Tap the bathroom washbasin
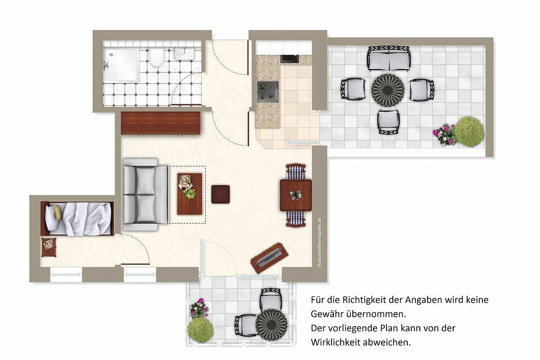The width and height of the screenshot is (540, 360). pyautogui.click(x=184, y=54)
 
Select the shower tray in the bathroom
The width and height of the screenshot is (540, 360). pyautogui.click(x=121, y=65)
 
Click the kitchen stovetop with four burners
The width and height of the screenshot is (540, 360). pyautogui.click(x=268, y=92)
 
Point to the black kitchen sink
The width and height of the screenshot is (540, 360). pyautogui.click(x=289, y=59)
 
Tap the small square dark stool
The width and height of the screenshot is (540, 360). pyautogui.click(x=220, y=194)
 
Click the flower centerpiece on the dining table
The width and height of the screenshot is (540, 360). pyautogui.click(x=296, y=194)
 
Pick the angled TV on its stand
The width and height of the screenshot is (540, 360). pyautogui.click(x=269, y=258)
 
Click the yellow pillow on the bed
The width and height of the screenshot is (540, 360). pyautogui.click(x=58, y=212)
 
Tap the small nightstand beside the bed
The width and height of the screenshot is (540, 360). pyautogui.click(x=49, y=247)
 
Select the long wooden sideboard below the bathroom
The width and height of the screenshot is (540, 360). pyautogui.click(x=161, y=123)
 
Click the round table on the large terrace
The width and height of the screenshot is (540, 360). pyautogui.click(x=387, y=90)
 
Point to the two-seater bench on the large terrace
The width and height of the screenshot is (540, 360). pyautogui.click(x=389, y=58)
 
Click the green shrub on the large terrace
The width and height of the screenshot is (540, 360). pyautogui.click(x=469, y=132)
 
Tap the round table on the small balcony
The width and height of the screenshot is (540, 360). pyautogui.click(x=271, y=325)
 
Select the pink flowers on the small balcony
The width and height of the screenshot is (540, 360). pyautogui.click(x=199, y=308)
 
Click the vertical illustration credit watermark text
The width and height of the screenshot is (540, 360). pyautogui.click(x=319, y=243)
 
